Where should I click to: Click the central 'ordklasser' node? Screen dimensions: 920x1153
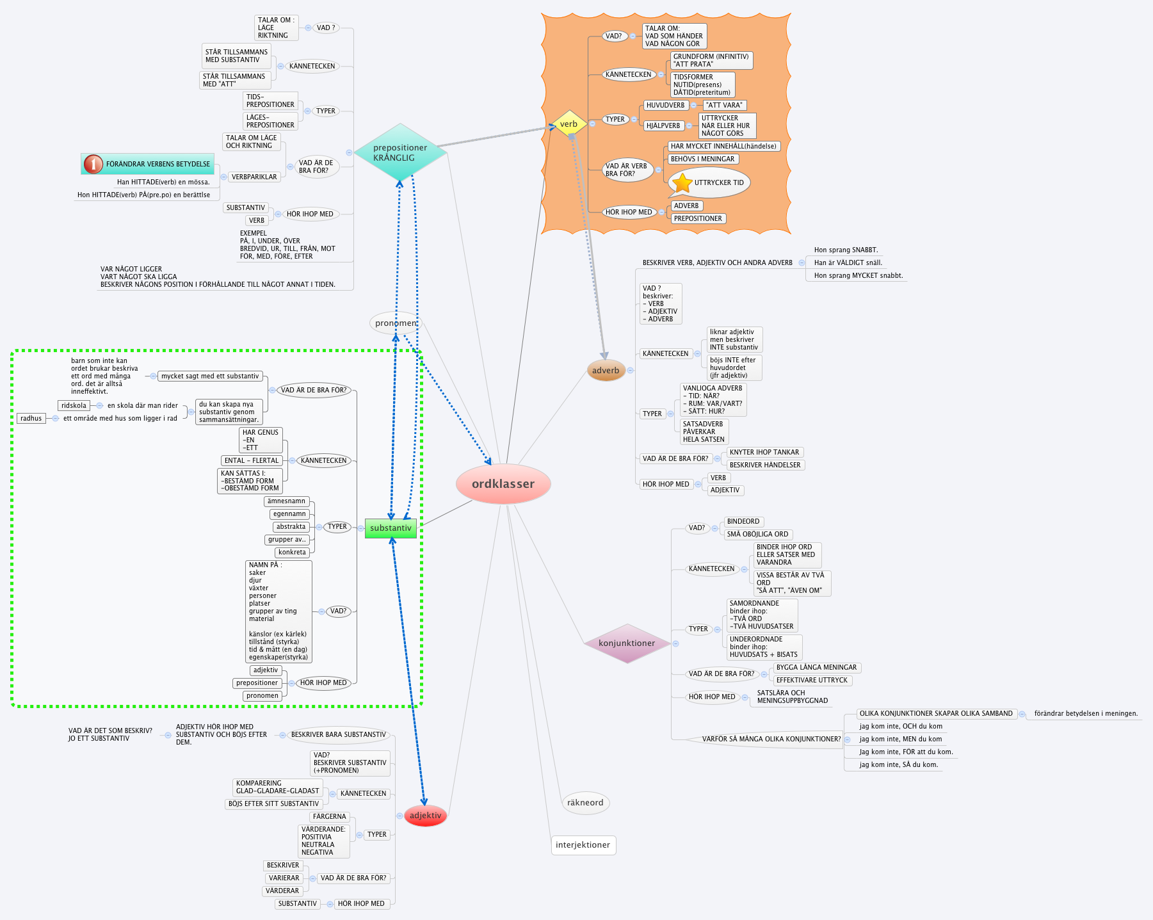[503, 484]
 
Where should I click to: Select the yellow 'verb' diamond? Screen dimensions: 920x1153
[569, 124]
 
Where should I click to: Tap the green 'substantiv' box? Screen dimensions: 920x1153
[391, 528]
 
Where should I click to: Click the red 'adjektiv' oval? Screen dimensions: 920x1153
[425, 815]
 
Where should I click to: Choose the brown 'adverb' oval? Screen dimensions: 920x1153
[606, 370]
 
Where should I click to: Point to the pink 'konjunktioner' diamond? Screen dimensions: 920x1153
[627, 643]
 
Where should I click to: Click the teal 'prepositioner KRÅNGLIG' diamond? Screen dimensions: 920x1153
[400, 152]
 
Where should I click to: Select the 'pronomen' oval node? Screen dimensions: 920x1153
[396, 323]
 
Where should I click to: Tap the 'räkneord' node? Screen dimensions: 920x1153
[585, 803]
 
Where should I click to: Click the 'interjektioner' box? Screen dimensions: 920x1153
[583, 845]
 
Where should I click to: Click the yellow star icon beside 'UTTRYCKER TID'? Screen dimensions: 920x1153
[682, 183]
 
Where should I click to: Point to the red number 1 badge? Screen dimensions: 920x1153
[93, 165]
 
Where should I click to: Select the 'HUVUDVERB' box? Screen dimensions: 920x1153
[665, 106]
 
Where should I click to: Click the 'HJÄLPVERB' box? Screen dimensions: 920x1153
[663, 126]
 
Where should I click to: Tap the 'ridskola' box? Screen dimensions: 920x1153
[74, 405]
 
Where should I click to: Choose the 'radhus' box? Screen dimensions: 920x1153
[31, 419]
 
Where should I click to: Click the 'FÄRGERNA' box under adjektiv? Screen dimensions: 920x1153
[329, 817]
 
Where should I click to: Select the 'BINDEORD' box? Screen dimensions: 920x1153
[743, 522]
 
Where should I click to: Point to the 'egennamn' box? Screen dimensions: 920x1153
[289, 514]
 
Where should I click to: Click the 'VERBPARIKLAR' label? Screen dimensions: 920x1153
[254, 177]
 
